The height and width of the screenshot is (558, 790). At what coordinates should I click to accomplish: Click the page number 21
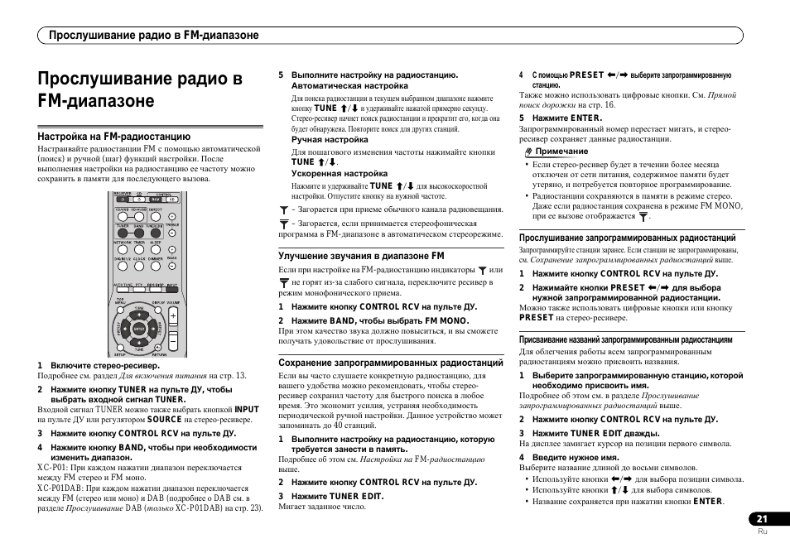(761, 518)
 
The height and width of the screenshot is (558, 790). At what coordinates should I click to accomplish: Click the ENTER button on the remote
(138, 329)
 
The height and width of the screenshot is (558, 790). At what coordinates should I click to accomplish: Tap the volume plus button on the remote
(173, 316)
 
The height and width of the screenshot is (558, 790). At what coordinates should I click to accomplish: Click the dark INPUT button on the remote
(171, 290)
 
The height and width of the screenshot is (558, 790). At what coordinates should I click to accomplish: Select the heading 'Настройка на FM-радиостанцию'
(114, 137)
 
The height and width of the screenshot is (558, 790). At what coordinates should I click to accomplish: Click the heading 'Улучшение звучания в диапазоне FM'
(361, 257)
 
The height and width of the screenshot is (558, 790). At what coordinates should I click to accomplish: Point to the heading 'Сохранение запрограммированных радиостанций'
(391, 363)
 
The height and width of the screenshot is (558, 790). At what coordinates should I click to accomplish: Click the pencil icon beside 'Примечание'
(527, 152)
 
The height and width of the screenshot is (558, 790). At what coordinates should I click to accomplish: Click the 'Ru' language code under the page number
(763, 532)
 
